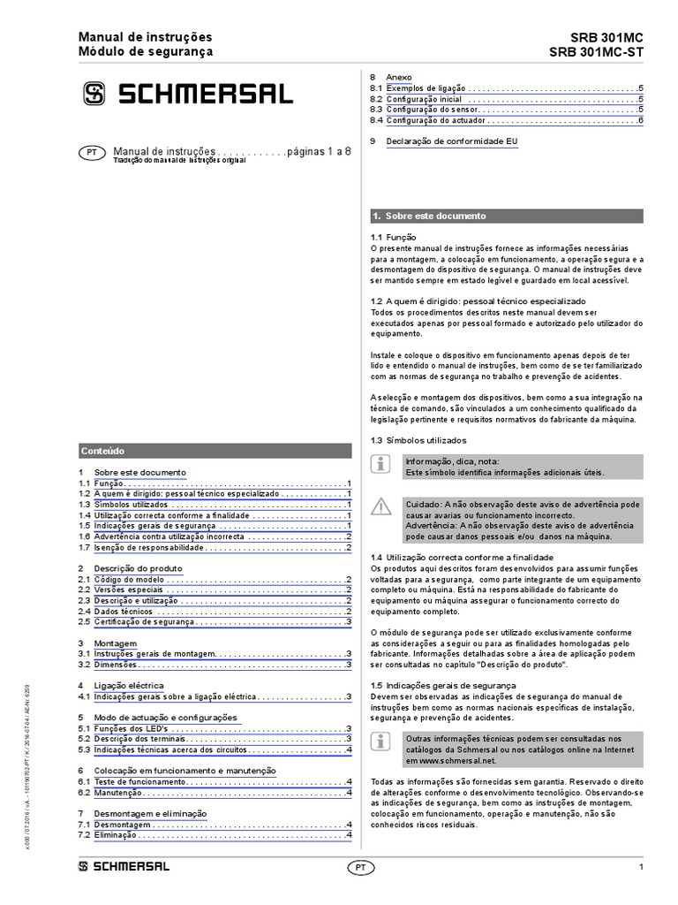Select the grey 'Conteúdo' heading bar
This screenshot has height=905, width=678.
pos(215,450)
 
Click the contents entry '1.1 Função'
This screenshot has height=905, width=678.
pos(110,484)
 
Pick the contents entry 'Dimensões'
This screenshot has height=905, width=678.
pos(118,664)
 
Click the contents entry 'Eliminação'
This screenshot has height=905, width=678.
pos(117,834)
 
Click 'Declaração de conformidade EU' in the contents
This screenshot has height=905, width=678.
pos(451,141)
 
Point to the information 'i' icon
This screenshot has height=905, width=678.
pos(380,463)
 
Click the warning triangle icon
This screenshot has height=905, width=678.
pos(380,506)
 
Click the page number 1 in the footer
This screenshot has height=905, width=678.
pos(640,867)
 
